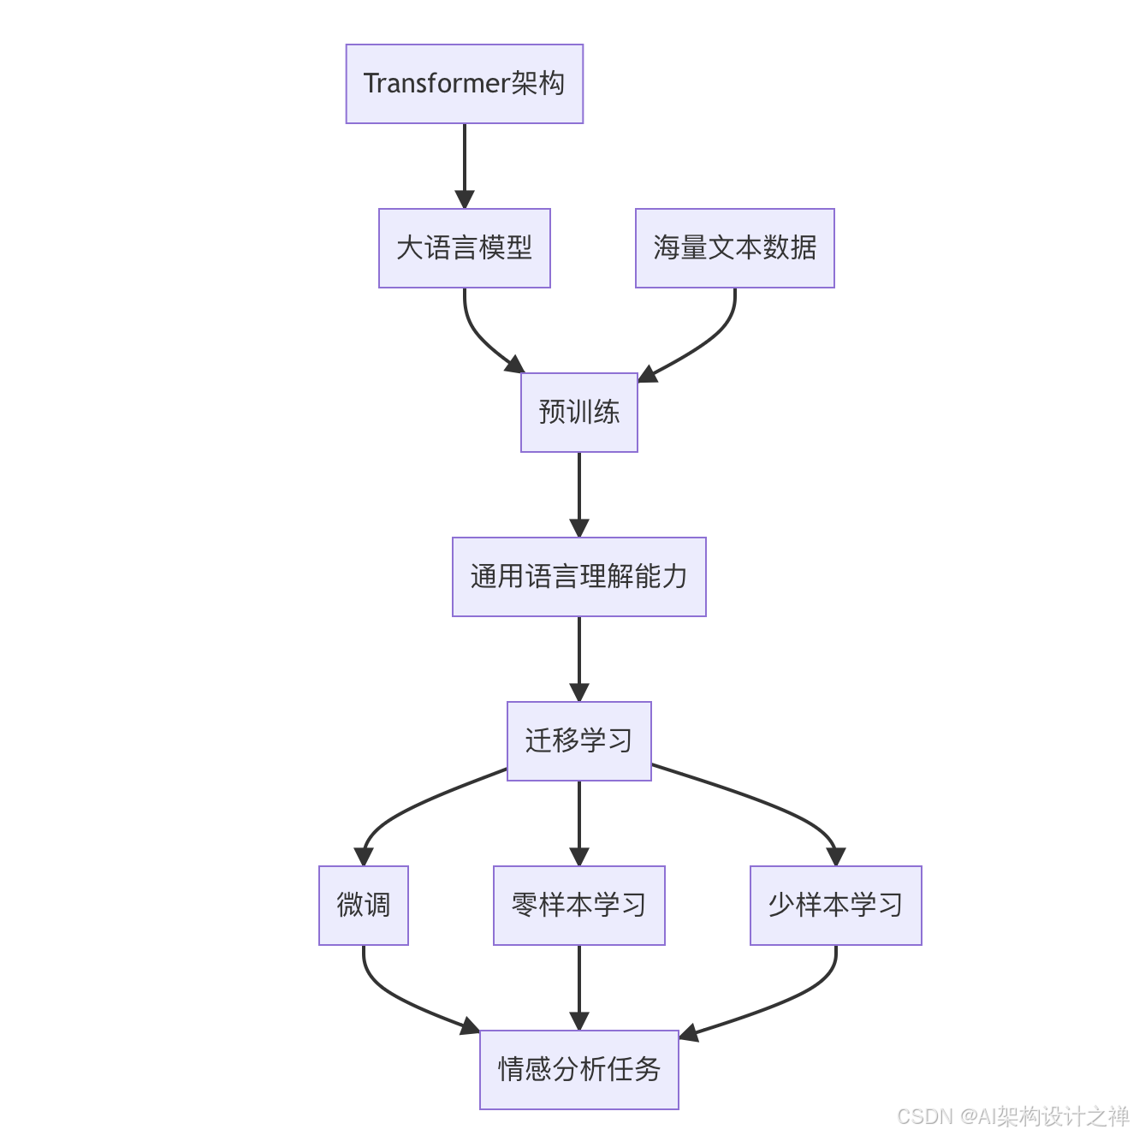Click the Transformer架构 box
coord(464,84)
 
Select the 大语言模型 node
coord(464,248)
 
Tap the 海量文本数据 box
coord(734,248)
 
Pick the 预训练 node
coord(578,413)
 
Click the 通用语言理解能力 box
coord(578,577)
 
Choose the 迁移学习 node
coord(578,741)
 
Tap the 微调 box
coord(363,906)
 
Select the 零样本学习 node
coord(578,906)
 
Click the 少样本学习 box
coord(835,906)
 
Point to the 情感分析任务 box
coord(578,1070)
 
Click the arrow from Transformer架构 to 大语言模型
coord(465,163)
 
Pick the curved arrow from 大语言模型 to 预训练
coord(479,338)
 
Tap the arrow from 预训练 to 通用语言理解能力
coord(579,492)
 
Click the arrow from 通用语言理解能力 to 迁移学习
coord(579,657)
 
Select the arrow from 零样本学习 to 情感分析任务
coord(579,984)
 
